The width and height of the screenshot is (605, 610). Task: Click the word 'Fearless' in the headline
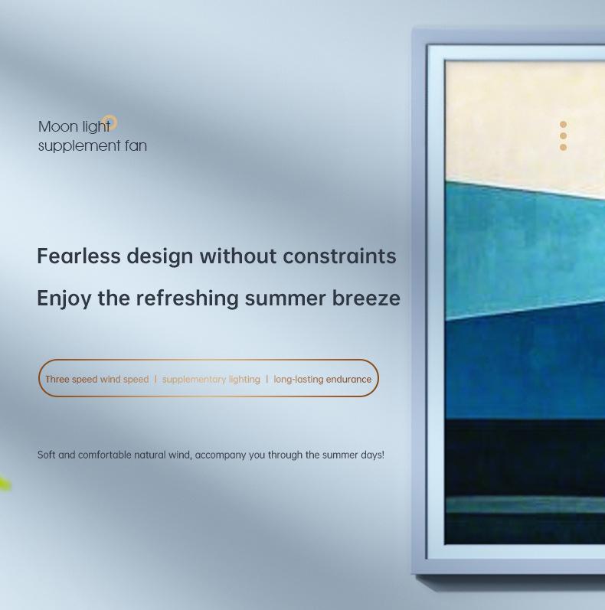coord(79,256)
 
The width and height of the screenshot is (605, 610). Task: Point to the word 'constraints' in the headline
coord(339,256)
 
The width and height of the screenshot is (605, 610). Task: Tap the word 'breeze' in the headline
coord(366,298)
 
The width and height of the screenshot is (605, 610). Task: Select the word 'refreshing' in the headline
coord(188,298)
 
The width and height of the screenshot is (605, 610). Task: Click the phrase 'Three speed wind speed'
coord(97,380)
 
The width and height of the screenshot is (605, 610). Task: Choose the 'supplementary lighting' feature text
coord(211,380)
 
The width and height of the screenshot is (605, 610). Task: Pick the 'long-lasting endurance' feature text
coord(322,380)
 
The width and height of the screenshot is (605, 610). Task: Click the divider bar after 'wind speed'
coord(155,379)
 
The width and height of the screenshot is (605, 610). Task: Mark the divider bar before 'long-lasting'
coord(267,379)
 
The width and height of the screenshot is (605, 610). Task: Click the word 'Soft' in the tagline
coord(46,455)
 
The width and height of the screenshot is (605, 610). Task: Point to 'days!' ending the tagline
coord(373,455)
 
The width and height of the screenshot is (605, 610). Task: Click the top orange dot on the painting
coord(563,125)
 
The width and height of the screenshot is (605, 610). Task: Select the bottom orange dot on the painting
coord(563,147)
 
